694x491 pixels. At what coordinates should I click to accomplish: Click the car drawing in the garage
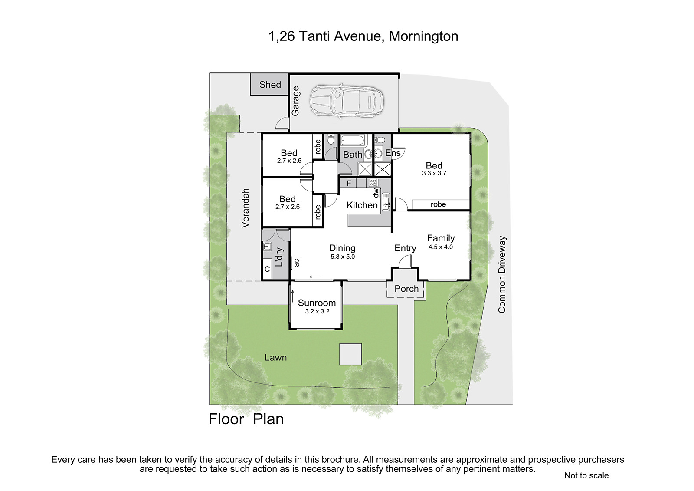[x=347, y=101]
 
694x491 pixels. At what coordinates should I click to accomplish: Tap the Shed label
[x=270, y=84]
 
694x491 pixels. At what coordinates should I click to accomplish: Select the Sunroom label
[x=317, y=303]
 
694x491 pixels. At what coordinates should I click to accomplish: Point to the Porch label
[x=406, y=289]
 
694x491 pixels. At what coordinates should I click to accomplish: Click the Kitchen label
[x=362, y=205]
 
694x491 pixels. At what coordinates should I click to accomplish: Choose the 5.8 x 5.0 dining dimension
[x=342, y=257]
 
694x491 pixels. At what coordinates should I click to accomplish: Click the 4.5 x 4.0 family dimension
[x=441, y=247]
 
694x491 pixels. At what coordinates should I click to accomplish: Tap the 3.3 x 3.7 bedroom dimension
[x=434, y=173]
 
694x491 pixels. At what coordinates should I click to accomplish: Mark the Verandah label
[x=246, y=208]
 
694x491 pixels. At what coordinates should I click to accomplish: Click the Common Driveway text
[x=501, y=274]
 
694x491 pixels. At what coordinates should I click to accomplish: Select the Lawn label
[x=275, y=358]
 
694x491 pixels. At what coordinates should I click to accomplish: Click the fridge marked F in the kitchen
[x=349, y=183]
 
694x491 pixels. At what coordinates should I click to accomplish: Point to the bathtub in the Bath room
[x=353, y=141]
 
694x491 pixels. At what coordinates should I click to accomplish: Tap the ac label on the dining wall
[x=297, y=263]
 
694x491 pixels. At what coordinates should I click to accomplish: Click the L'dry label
[x=279, y=257]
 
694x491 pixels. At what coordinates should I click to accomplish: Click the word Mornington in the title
[x=423, y=36]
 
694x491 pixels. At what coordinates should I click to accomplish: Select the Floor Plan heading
[x=246, y=419]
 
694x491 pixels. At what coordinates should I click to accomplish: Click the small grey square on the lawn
[x=350, y=354]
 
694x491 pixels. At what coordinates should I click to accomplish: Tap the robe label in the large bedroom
[x=438, y=204]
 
